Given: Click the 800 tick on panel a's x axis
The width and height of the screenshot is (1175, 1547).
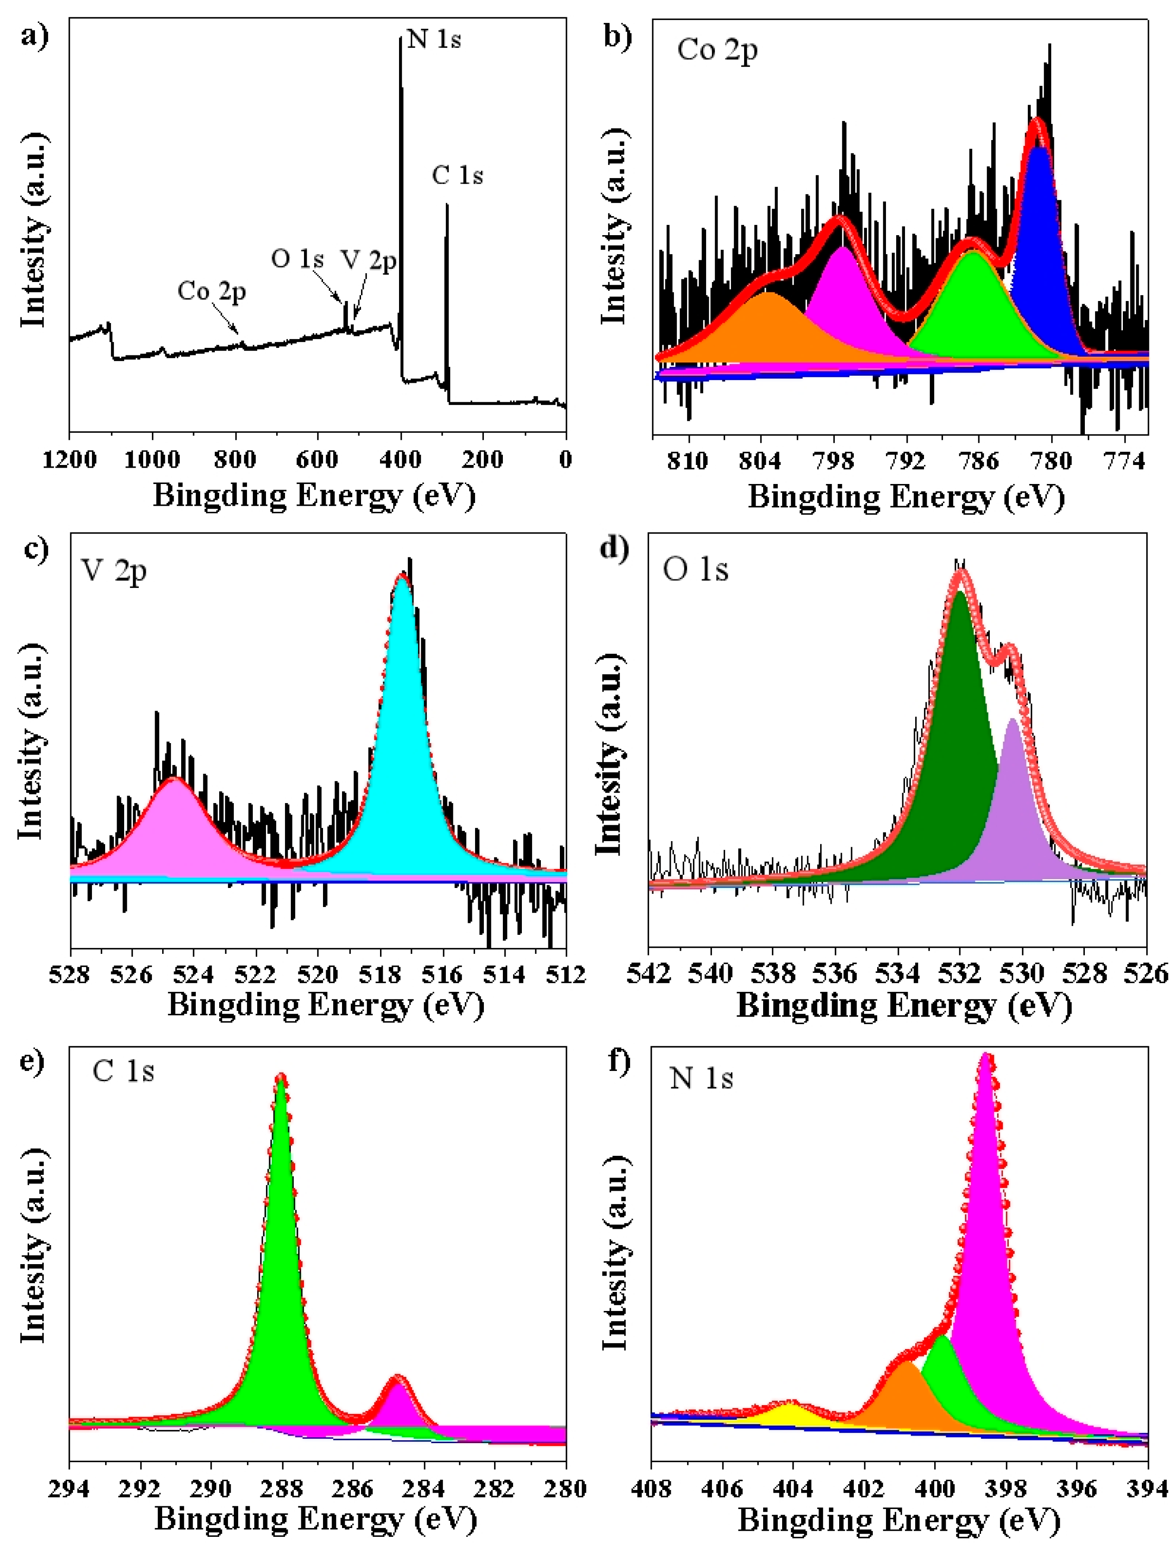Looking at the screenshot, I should (x=234, y=460).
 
